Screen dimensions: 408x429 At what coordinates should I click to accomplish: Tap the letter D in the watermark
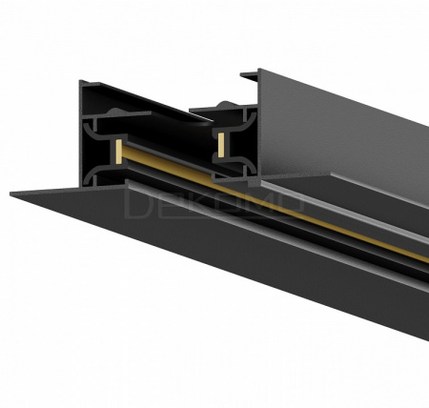(x=137, y=204)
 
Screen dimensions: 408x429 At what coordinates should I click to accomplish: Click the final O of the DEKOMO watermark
(x=291, y=204)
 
